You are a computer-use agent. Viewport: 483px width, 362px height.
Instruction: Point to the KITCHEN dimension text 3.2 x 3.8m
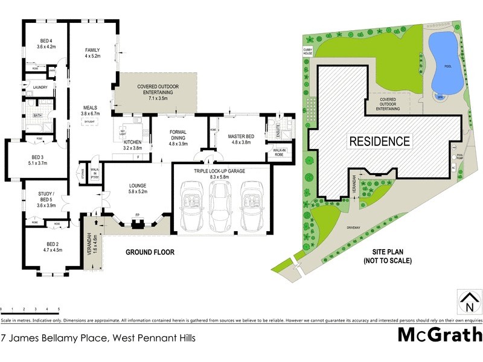pyautogui.click(x=132, y=147)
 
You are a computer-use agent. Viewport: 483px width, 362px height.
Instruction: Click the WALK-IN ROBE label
pyautogui.click(x=279, y=152)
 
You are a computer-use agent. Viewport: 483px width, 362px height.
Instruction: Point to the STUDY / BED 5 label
pyautogui.click(x=46, y=197)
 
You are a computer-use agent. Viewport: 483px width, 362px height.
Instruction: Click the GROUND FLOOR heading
pyautogui.click(x=149, y=252)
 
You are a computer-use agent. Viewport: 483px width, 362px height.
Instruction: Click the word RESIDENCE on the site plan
pyautogui.click(x=379, y=141)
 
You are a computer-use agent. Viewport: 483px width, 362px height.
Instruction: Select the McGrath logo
pyautogui.click(x=440, y=334)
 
